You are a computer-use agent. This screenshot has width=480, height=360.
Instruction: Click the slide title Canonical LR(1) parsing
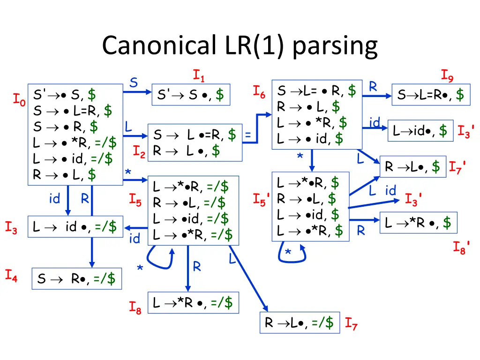click(x=240, y=46)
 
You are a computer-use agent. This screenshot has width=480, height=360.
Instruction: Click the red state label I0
click(x=19, y=99)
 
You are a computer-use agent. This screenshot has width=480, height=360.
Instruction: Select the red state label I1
click(x=199, y=75)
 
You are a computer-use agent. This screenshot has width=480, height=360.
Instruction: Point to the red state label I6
click(x=259, y=92)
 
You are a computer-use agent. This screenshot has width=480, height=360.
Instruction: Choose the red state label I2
click(x=139, y=151)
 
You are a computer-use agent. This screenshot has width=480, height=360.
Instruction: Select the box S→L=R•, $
click(x=431, y=95)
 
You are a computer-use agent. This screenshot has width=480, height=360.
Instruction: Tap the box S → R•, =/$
click(x=76, y=278)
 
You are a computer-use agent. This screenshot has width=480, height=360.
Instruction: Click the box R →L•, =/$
click(x=300, y=322)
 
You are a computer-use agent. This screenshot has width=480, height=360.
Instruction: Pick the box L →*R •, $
click(x=418, y=223)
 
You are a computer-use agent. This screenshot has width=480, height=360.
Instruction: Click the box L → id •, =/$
click(x=75, y=227)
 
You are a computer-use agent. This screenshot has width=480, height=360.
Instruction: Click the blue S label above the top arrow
click(x=134, y=83)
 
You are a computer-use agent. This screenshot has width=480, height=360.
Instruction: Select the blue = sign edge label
click(x=248, y=135)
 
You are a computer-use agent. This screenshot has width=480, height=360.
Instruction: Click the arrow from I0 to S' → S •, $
click(x=137, y=92)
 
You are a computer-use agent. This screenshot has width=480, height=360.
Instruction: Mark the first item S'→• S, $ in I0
click(x=65, y=95)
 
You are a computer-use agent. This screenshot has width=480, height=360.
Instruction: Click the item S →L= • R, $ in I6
click(x=316, y=90)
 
